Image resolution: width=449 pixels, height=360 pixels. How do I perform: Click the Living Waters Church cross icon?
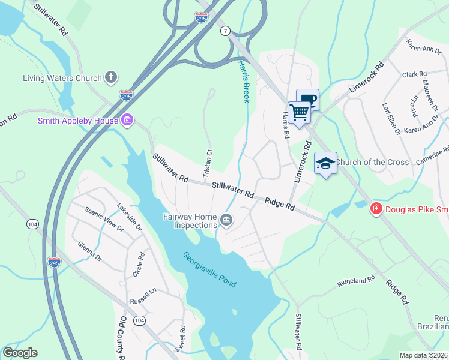[110, 77]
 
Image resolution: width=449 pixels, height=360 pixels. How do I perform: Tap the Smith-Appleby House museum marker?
[127, 121]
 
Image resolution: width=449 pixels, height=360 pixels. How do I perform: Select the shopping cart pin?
[299, 112]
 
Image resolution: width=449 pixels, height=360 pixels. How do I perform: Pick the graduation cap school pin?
[325, 163]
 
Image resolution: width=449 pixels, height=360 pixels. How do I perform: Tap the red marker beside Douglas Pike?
[376, 209]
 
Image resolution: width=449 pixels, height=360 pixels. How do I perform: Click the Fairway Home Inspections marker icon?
[226, 220]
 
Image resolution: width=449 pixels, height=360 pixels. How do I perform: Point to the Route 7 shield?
[225, 31]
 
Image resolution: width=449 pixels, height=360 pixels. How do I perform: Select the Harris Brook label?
[243, 80]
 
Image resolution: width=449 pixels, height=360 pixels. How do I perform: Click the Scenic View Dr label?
[104, 220]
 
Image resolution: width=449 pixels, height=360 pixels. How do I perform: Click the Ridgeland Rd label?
[356, 280]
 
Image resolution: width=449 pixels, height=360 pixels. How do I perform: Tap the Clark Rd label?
[414, 75]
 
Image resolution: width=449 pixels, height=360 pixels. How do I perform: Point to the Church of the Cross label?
[372, 162]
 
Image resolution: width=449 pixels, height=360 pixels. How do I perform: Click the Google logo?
[20, 353]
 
